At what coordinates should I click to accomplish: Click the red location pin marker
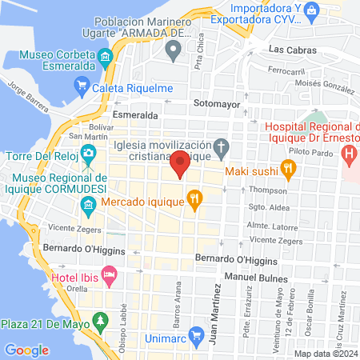(180, 163)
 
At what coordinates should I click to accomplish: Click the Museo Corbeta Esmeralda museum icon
(106, 58)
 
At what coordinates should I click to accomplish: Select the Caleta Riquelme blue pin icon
(81, 86)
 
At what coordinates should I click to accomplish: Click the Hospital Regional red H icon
(349, 152)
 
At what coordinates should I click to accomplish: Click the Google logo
(26, 350)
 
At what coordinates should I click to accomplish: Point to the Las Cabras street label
(293, 50)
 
